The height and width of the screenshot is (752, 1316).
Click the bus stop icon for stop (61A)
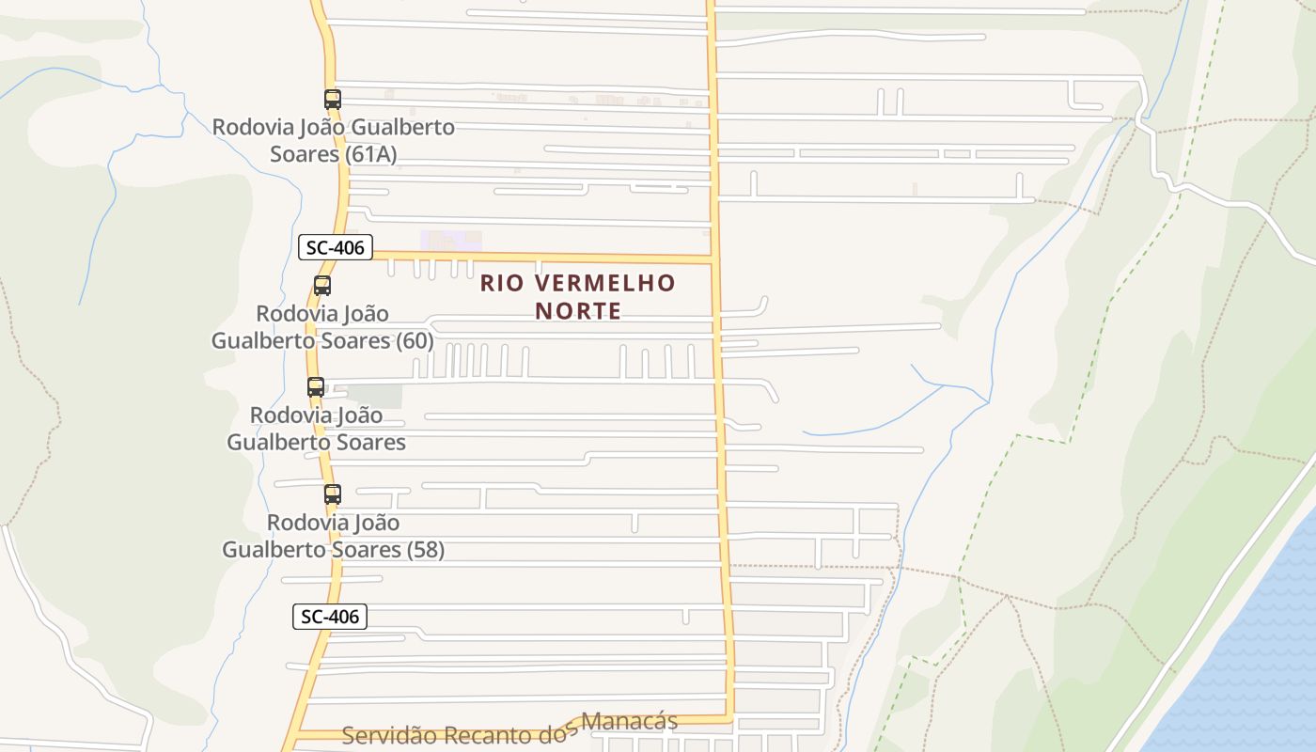pyautogui.click(x=332, y=99)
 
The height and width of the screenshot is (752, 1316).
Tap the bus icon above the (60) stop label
pyautogui.click(x=322, y=285)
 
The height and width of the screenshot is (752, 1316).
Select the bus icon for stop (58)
pyautogui.click(x=332, y=493)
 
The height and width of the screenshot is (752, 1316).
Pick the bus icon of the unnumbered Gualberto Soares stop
pyautogui.click(x=316, y=386)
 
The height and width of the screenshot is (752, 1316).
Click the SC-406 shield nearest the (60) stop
pyautogui.click(x=336, y=248)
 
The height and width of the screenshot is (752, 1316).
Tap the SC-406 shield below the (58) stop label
pyautogui.click(x=329, y=617)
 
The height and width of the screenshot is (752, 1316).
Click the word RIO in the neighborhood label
pyautogui.click(x=498, y=283)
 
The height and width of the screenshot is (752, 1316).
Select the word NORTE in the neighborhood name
pyautogui.click(x=578, y=310)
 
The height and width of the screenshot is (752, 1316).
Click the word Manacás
pyautogui.click(x=629, y=721)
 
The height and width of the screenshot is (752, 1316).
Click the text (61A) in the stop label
pyautogui.click(x=371, y=154)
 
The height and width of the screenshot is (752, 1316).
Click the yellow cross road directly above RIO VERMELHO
pyautogui.click(x=564, y=258)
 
